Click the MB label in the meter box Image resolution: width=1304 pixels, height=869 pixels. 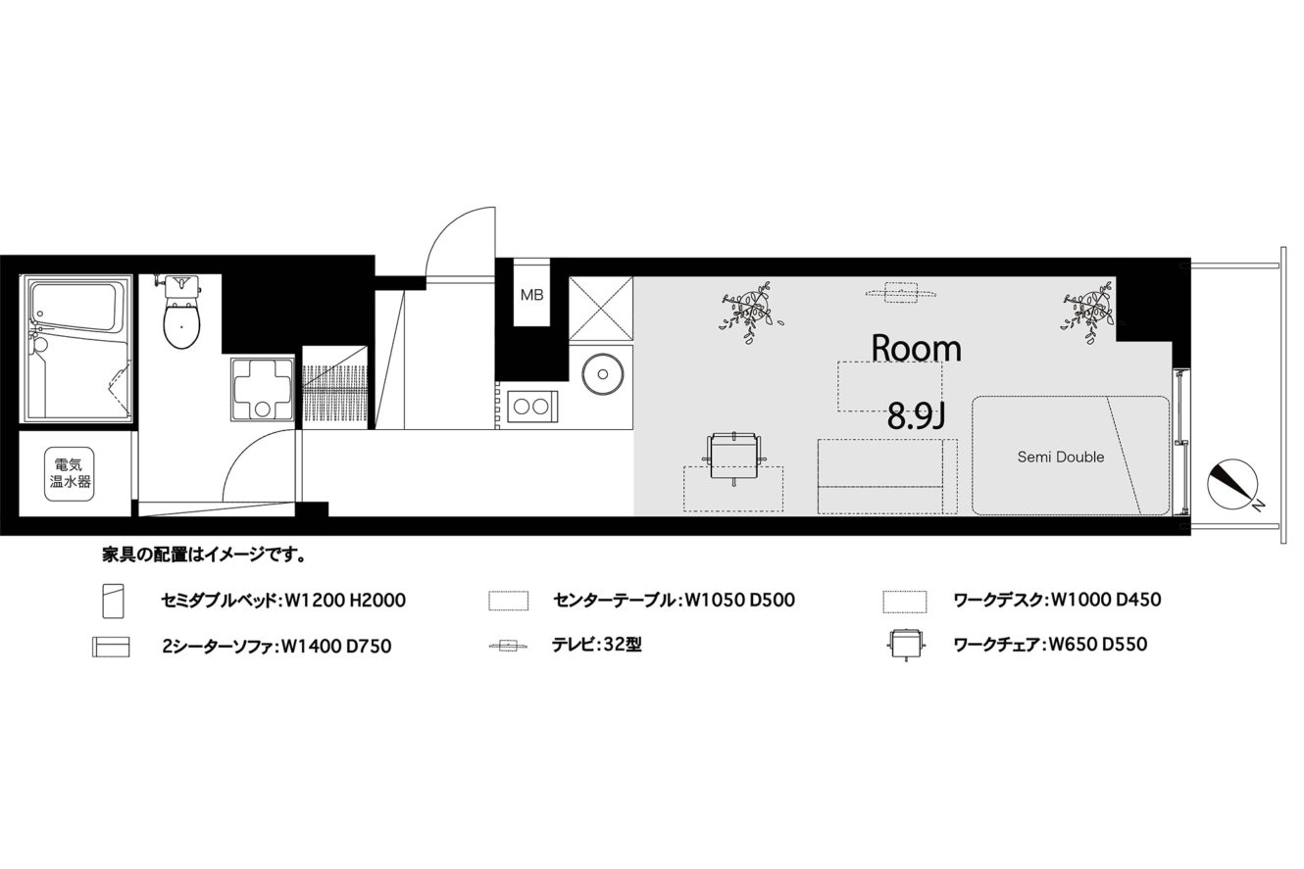[531, 295]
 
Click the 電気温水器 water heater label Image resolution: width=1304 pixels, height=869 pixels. [70, 473]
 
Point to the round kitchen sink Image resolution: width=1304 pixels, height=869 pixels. [603, 373]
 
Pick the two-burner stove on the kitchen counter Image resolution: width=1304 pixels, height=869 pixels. [532, 406]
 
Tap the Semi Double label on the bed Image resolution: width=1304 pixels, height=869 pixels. [1061, 458]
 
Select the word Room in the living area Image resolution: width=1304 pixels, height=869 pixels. [917, 349]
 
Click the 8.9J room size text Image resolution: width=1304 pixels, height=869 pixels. [916, 416]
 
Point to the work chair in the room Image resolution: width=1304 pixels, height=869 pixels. [735, 456]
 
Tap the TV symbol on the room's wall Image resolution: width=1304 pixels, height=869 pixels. [900, 292]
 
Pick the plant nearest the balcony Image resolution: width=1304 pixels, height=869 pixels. [1088, 312]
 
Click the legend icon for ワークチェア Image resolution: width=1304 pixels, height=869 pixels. [904, 645]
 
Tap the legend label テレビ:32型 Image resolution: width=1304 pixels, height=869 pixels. [597, 644]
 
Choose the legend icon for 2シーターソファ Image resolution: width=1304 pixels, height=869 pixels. [111, 647]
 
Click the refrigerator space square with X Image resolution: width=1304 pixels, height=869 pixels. [601, 309]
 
